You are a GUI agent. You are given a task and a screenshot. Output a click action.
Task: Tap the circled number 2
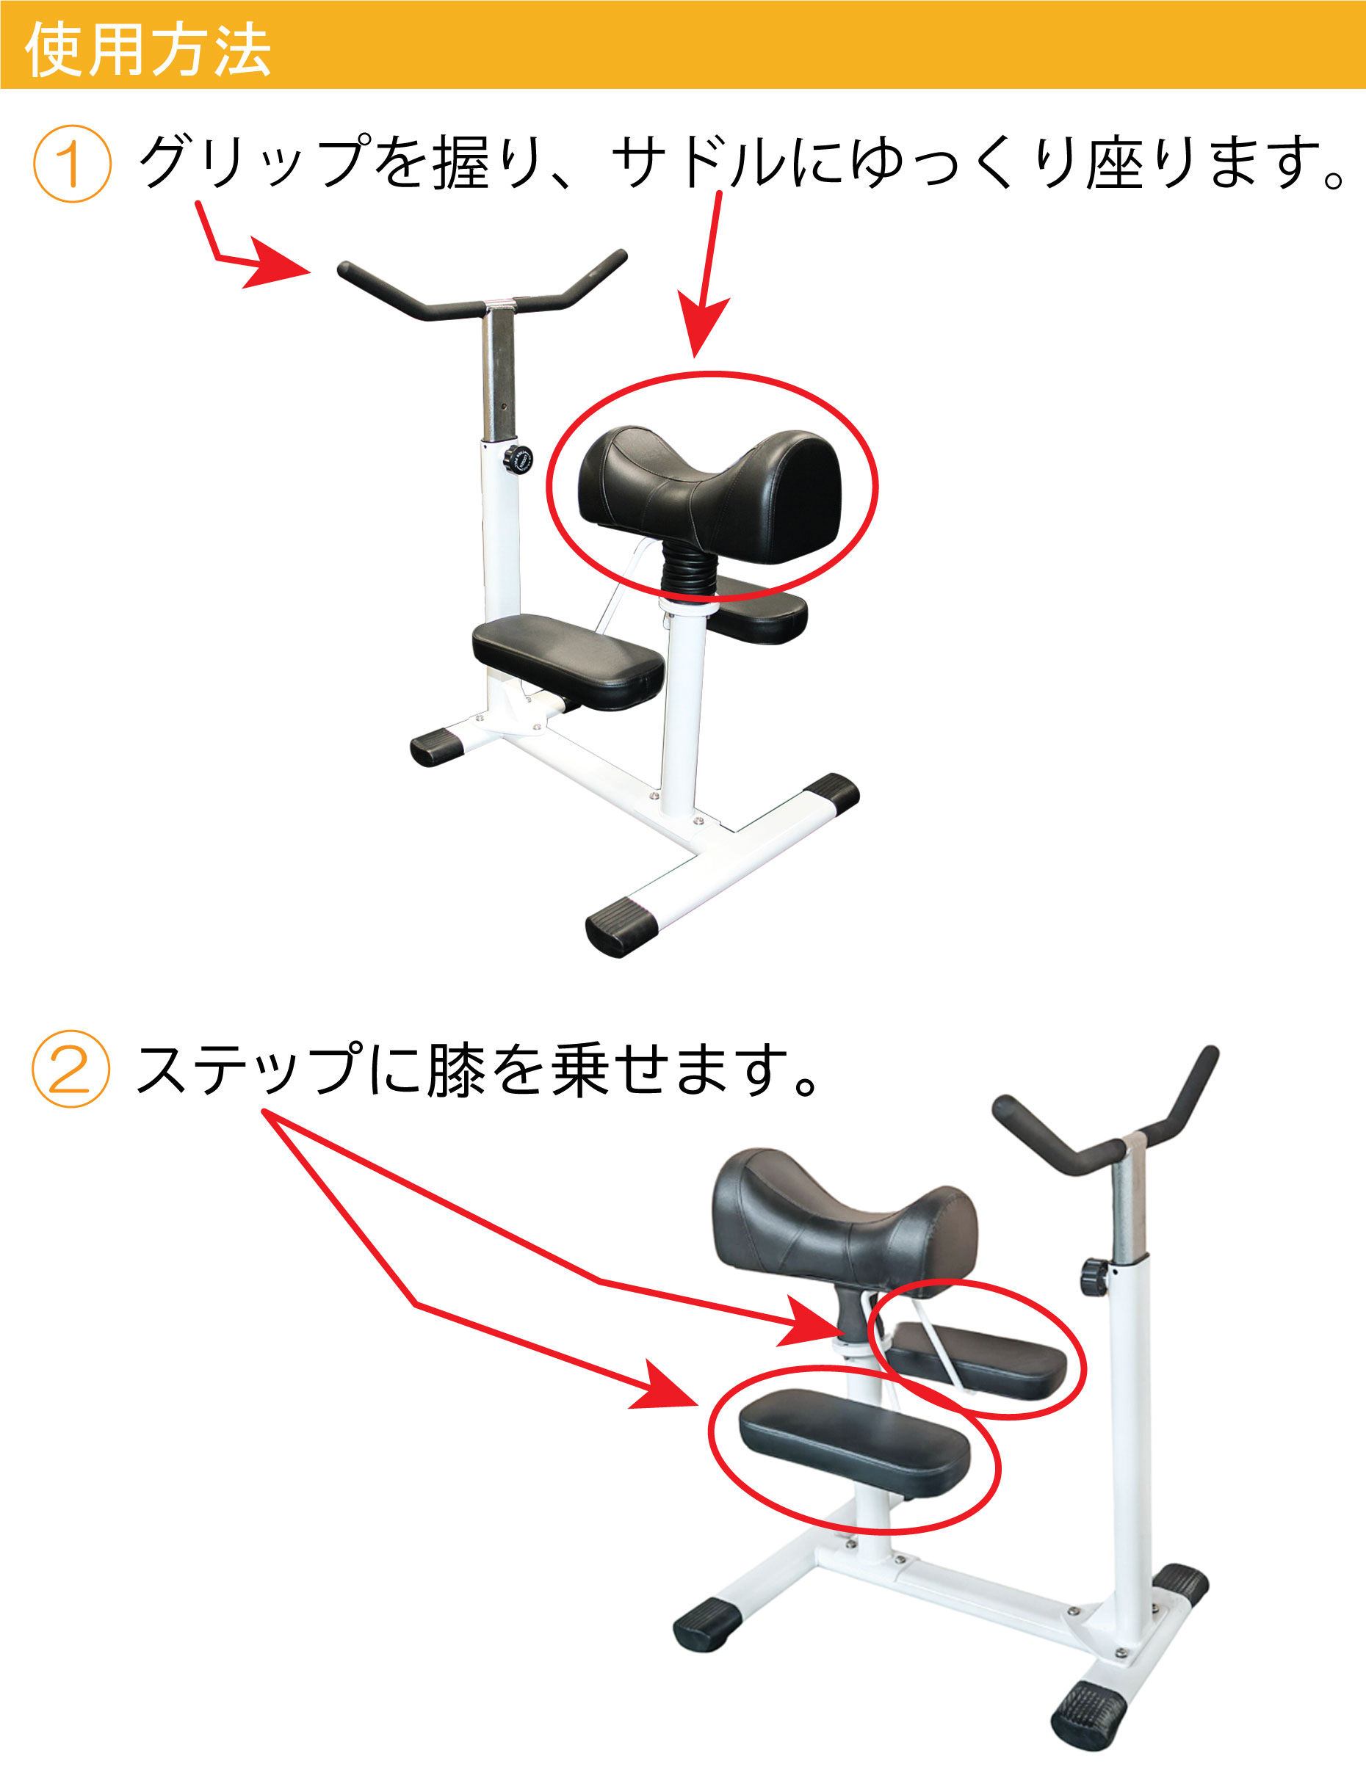tap(70, 1069)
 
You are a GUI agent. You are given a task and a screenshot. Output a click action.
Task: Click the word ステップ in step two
tap(248, 1069)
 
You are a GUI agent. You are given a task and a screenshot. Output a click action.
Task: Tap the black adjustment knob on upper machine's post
tap(517, 460)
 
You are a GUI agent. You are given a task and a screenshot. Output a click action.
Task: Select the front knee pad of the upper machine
tap(568, 658)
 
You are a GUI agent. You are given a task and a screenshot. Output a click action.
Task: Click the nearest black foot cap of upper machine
tap(621, 926)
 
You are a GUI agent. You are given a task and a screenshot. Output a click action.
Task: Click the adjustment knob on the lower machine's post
tap(1094, 1277)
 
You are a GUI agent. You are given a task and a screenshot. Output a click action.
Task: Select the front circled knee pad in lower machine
tap(853, 1443)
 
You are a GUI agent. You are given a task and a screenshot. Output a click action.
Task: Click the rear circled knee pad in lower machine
tap(980, 1359)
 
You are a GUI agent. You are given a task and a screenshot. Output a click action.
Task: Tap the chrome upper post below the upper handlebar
tap(499, 374)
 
